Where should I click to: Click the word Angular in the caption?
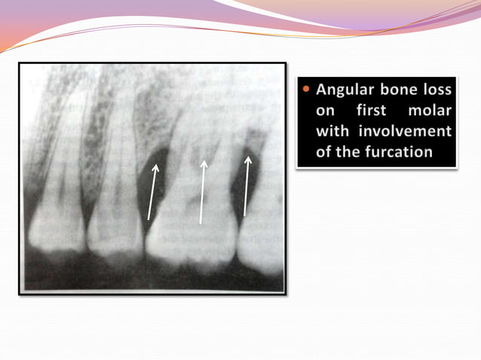(x=345, y=90)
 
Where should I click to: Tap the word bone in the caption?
(x=403, y=90)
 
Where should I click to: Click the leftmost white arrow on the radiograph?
(x=153, y=193)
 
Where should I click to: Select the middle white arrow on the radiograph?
(x=202, y=191)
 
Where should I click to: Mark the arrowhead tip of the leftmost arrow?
(x=158, y=166)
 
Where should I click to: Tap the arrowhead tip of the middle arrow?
(x=203, y=159)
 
